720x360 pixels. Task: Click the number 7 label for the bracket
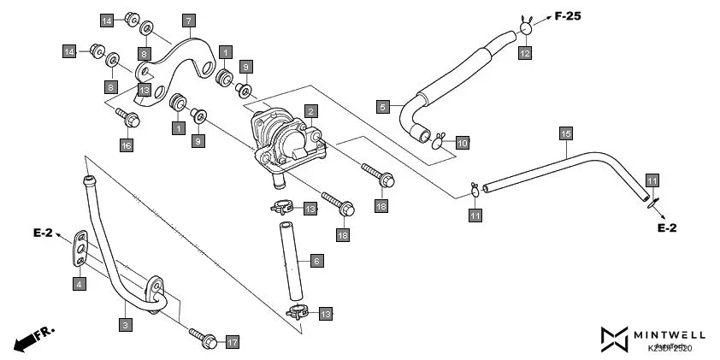(x=188, y=19)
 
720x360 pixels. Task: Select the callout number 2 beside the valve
(x=311, y=111)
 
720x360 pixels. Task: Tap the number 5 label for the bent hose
(x=384, y=107)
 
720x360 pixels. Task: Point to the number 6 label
(x=316, y=261)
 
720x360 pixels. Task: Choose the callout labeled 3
(x=126, y=325)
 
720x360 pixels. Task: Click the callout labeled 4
(x=79, y=284)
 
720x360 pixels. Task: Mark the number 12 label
(x=524, y=53)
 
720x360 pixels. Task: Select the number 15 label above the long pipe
(x=565, y=133)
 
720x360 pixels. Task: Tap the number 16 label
(x=127, y=145)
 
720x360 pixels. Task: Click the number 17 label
(x=232, y=342)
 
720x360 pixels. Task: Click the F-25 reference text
(x=574, y=15)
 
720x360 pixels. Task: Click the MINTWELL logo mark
(x=614, y=339)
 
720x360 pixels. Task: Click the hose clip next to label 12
(x=525, y=29)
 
